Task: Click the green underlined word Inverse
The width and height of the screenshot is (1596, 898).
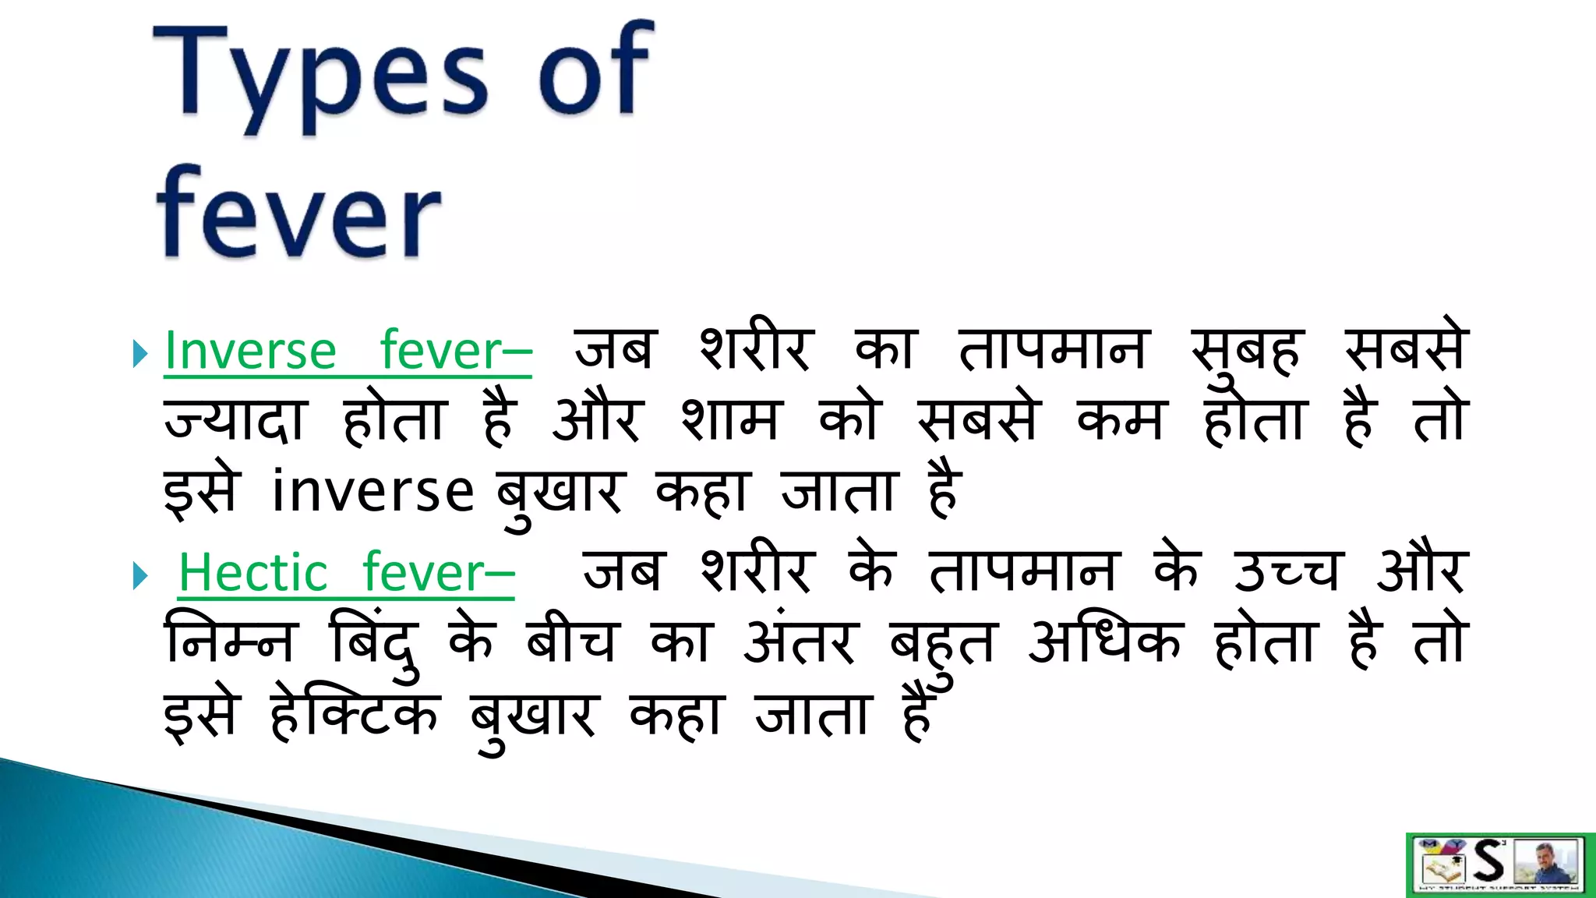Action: click(x=250, y=351)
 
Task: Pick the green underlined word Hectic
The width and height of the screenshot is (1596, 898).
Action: click(x=253, y=573)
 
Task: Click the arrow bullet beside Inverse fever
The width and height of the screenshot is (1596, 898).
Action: click(x=140, y=354)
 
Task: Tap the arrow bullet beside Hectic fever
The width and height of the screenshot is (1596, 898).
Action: click(x=140, y=577)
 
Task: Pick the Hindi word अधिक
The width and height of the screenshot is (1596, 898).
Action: click(x=1104, y=641)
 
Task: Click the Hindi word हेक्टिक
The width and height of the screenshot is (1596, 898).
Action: click(x=355, y=712)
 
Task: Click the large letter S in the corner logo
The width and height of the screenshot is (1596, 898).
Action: click(x=1488, y=861)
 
